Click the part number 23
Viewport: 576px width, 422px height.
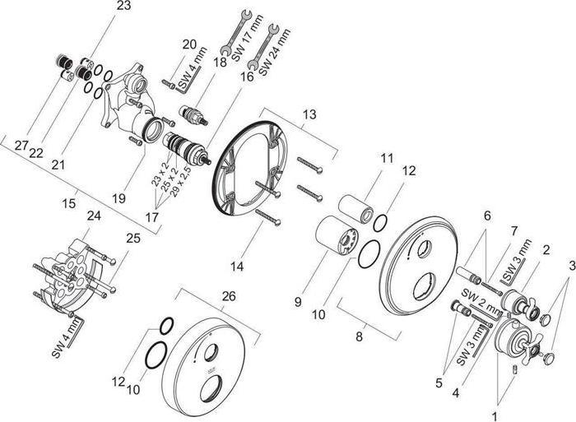pos(123,7)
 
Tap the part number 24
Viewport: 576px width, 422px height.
pos(94,216)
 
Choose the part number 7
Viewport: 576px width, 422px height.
pos(513,233)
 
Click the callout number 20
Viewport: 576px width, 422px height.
pos(189,44)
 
